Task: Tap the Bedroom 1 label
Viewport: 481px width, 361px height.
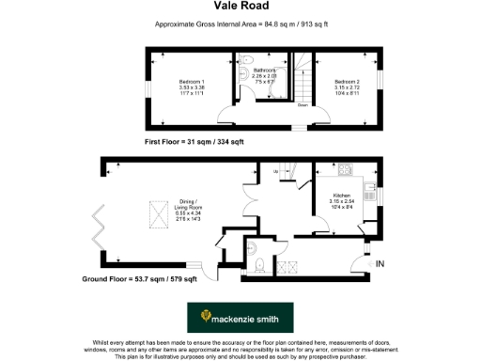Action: (192, 86)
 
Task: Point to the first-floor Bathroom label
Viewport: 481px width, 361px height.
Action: (264, 73)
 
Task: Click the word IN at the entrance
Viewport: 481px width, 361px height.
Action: (380, 265)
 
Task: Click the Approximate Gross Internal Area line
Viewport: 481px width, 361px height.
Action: (240, 24)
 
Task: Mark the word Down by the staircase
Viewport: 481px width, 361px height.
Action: (303, 105)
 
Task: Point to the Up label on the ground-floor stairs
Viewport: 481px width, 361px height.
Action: (275, 171)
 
